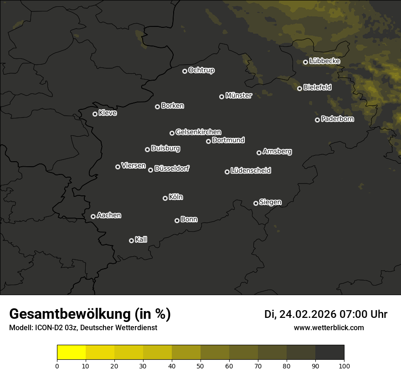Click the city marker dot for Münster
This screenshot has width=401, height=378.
pyautogui.click(x=222, y=97)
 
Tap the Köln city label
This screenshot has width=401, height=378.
pyautogui.click(x=176, y=197)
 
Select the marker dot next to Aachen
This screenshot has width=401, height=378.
pyautogui.click(x=93, y=216)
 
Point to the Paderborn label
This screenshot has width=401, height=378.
pyautogui.click(x=337, y=119)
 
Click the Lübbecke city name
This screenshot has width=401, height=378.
pyautogui.click(x=324, y=61)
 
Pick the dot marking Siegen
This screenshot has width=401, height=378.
pyautogui.click(x=256, y=203)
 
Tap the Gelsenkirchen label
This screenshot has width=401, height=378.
pyautogui.click(x=198, y=132)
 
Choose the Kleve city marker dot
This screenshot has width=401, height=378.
pyautogui.click(x=95, y=114)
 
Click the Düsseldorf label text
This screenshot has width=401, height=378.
pyautogui.click(x=172, y=169)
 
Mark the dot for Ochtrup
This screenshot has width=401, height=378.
pyautogui.click(x=185, y=71)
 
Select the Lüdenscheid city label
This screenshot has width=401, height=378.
pyautogui.click(x=251, y=170)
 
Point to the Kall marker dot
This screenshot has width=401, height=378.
pyautogui.click(x=131, y=240)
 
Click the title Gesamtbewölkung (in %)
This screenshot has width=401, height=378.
pyautogui.click(x=90, y=314)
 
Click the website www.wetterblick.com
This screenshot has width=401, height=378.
pyautogui.click(x=329, y=327)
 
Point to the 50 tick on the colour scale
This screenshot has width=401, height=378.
pyautogui.click(x=200, y=366)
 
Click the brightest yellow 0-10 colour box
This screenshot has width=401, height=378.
pyautogui.click(x=72, y=352)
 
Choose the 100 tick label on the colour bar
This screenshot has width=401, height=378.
pyautogui.click(x=344, y=366)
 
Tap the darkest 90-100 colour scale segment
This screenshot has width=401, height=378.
pyautogui.click(x=330, y=352)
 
